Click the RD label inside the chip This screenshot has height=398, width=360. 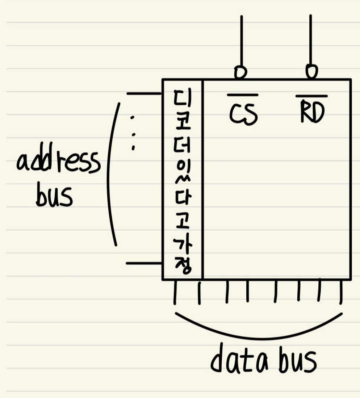pyautogui.click(x=312, y=113)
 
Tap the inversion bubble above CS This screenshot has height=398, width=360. pyautogui.click(x=240, y=72)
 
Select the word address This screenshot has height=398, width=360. pyautogui.click(x=58, y=162)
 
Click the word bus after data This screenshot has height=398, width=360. pyautogui.click(x=297, y=361)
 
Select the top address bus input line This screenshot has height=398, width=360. pyautogui.click(x=144, y=94)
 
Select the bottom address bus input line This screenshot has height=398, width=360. pyautogui.click(x=144, y=263)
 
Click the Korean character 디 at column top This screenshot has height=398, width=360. pyautogui.click(x=183, y=99)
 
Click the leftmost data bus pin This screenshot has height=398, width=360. pyautogui.click(x=175, y=292)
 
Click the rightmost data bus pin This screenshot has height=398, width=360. pyautogui.click(x=341, y=292)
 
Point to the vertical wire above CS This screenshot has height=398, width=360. pyautogui.click(x=241, y=40)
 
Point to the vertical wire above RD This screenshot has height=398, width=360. pyautogui.click(x=310, y=40)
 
